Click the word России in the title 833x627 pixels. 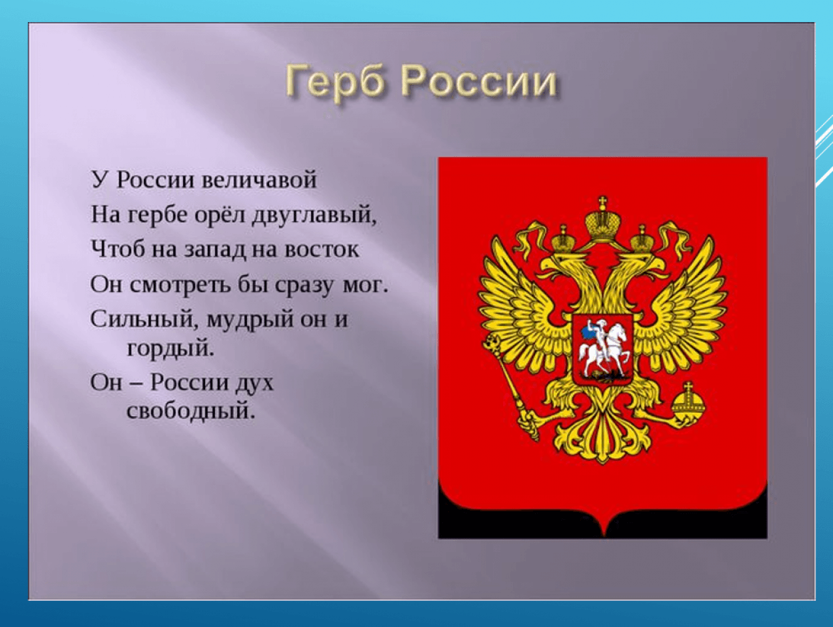point(479,81)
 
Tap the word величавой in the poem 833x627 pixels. point(259,179)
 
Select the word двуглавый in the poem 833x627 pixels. point(315,216)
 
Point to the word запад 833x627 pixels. point(215,250)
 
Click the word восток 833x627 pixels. point(322,249)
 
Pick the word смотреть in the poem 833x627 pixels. point(180,285)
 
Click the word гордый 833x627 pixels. point(171,348)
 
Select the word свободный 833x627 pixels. point(191,410)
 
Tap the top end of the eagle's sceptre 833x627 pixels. point(492,344)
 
